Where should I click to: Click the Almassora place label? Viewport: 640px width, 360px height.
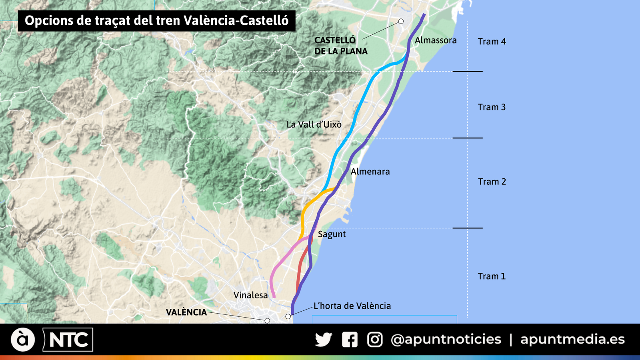436,40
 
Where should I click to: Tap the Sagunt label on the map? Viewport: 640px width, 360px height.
332,234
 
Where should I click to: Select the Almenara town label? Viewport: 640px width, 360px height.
370,172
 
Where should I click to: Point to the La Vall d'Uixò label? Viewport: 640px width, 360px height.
314,124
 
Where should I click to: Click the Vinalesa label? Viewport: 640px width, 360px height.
250,295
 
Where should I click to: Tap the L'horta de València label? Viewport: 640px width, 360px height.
352,306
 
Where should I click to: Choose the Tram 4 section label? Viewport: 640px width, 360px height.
492,42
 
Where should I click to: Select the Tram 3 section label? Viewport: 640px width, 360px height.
492,107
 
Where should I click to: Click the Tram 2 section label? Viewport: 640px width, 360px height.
492,182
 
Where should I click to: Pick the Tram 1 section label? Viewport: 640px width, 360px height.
492,276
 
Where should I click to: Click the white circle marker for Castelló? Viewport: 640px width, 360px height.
401,21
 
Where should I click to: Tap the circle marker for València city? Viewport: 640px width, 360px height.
267,321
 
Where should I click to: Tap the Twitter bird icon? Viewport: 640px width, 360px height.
323,340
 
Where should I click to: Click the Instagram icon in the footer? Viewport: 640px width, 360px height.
375,340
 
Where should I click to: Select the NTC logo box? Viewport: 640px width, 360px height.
68,340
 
